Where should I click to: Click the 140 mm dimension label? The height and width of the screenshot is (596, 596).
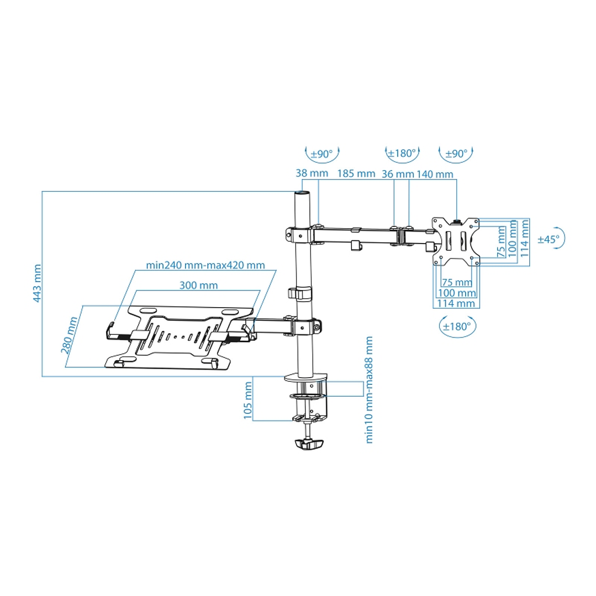[435, 173]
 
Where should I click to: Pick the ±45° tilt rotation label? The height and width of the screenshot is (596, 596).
[548, 239]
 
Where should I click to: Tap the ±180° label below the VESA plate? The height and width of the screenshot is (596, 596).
[457, 326]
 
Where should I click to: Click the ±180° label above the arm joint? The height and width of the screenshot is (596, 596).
[402, 153]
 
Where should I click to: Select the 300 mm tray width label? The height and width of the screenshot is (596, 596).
[198, 285]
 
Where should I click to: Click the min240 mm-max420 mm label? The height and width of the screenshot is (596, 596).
[205, 265]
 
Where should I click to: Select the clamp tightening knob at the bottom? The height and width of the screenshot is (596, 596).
[308, 444]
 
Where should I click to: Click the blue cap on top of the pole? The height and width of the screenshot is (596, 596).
[302, 193]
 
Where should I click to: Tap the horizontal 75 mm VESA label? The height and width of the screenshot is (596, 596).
[456, 283]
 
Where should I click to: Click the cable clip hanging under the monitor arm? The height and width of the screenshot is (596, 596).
[357, 246]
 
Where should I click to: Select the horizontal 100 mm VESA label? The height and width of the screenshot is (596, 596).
[456, 293]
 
